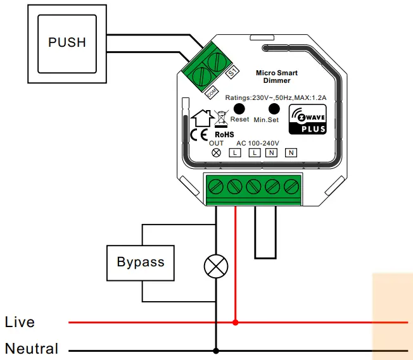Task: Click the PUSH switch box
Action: (x=67, y=43)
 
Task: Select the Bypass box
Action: (x=140, y=262)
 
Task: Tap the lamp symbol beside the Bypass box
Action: (x=216, y=267)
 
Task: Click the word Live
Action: (x=20, y=322)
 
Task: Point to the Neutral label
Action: (x=32, y=349)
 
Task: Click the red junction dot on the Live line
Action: (x=236, y=322)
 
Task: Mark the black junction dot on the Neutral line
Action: (x=216, y=350)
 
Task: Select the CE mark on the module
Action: (x=199, y=134)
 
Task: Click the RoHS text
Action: (x=224, y=134)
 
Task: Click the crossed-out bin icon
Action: (x=221, y=118)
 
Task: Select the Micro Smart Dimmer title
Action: (x=273, y=77)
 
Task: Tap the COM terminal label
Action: (x=211, y=92)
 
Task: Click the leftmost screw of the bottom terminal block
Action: (x=215, y=186)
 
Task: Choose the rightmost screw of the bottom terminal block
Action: (x=291, y=186)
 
